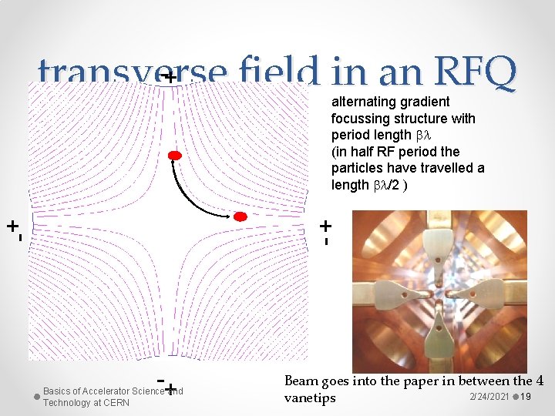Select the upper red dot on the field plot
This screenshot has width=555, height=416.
click(x=175, y=156)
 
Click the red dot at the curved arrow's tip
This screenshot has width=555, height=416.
click(x=240, y=216)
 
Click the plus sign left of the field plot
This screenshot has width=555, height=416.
click(x=12, y=226)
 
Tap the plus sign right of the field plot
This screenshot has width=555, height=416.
click(x=326, y=226)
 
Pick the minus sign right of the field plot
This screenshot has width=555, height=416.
click(x=327, y=241)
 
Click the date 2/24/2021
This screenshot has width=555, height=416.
click(x=489, y=396)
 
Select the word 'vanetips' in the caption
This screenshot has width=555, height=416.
click(x=310, y=398)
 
